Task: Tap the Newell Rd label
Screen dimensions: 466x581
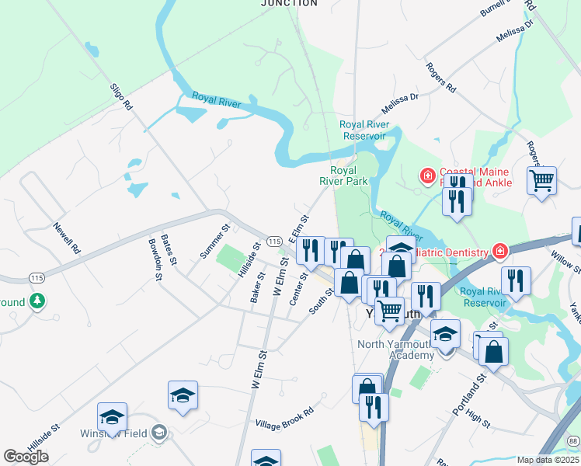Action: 67,238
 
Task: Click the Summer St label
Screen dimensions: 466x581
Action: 215,242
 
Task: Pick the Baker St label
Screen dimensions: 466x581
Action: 257,287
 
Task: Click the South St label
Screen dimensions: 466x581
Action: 321,301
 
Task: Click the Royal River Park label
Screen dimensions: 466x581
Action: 343,176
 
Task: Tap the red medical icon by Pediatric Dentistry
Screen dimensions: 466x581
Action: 499,252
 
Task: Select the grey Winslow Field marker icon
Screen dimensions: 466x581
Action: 159,433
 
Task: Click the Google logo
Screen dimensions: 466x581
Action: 26,456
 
